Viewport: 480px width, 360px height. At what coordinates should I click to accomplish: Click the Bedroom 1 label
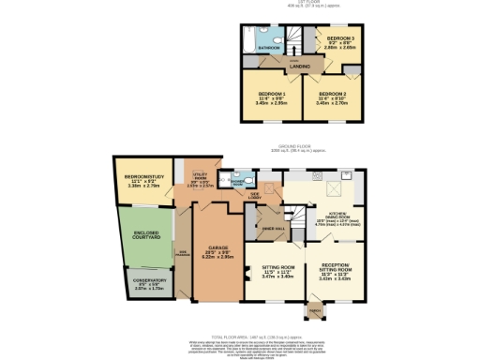(271, 95)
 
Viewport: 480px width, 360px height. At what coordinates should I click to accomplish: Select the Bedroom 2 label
(333, 95)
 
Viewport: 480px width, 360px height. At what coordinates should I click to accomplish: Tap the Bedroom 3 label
(338, 38)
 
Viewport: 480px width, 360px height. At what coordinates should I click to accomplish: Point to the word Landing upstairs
(299, 66)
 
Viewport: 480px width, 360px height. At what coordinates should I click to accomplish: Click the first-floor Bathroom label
(270, 47)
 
